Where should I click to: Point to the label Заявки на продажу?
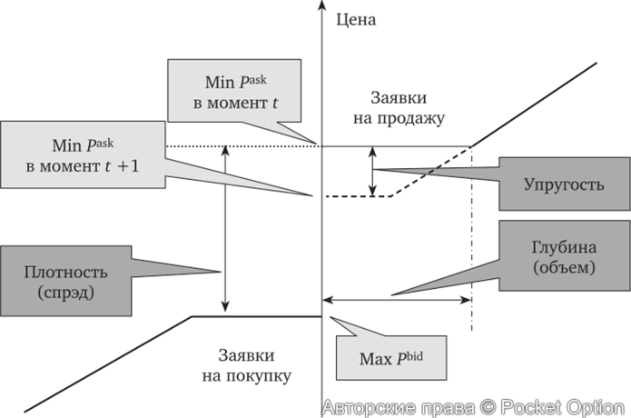408,107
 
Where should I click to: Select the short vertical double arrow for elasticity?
372,171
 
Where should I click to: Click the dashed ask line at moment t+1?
359,196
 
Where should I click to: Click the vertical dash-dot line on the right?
471,245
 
